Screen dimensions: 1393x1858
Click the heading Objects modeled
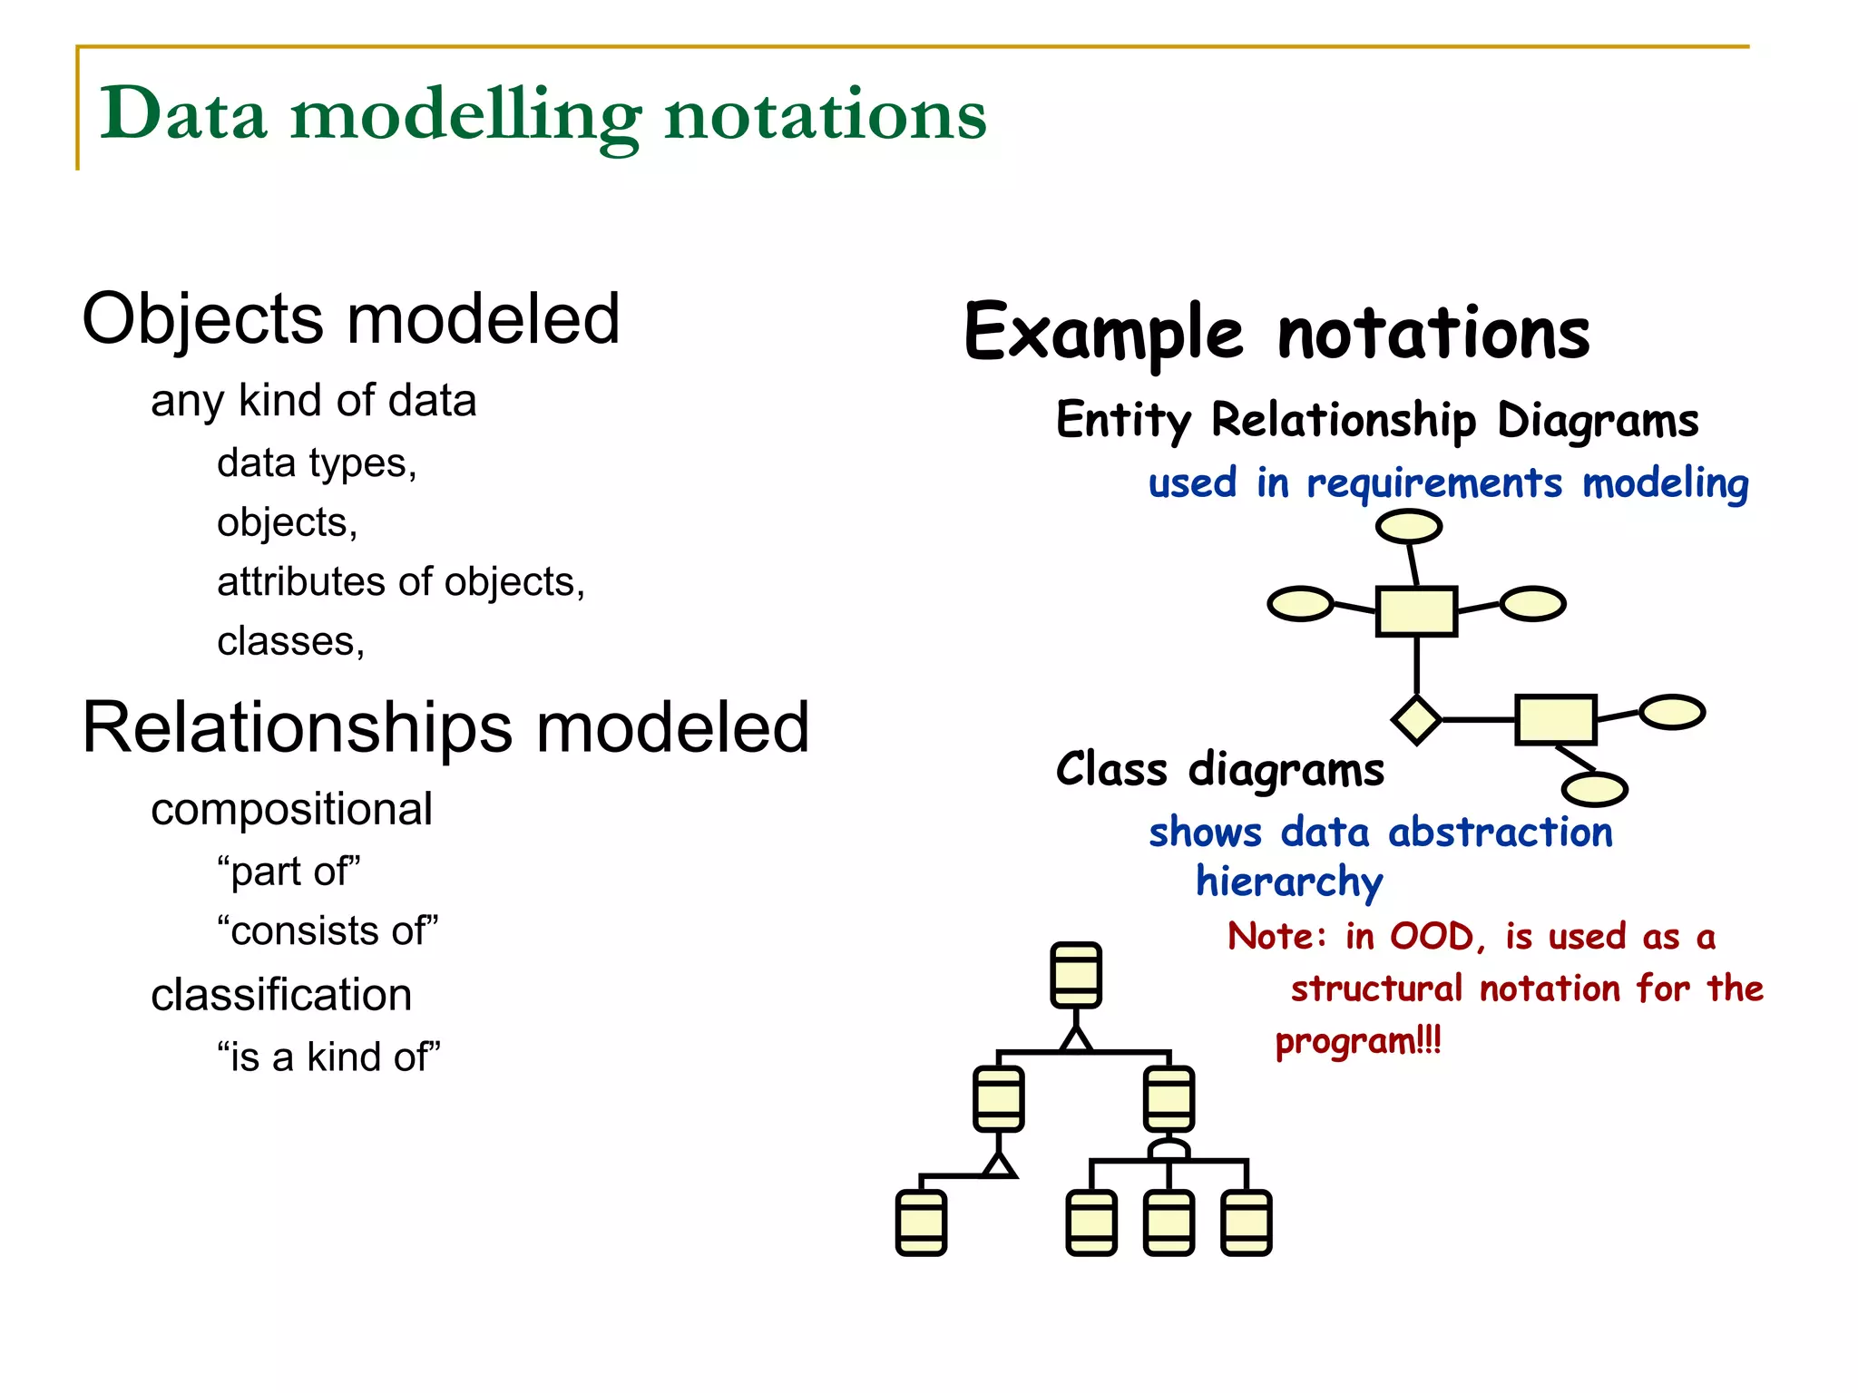click(x=350, y=319)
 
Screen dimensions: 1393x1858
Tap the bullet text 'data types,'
click(x=317, y=463)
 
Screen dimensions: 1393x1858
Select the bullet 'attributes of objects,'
click(x=401, y=582)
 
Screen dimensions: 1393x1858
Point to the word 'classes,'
click(x=290, y=642)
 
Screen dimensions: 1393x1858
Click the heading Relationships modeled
click(x=445, y=728)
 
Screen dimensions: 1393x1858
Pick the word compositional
click(x=291, y=809)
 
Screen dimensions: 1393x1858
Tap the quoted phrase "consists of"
click(x=328, y=931)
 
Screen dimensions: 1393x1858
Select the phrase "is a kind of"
click(x=328, y=1057)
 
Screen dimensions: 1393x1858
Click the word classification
click(x=281, y=995)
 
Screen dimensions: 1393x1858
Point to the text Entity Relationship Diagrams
click(x=1376, y=421)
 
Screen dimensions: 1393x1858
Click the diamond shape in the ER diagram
click(x=1416, y=720)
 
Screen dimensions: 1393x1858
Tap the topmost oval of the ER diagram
click(x=1408, y=526)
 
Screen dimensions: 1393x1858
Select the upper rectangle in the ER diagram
click(x=1416, y=611)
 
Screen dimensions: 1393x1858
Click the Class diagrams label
click(x=1219, y=770)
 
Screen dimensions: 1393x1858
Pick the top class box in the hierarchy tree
click(x=1076, y=975)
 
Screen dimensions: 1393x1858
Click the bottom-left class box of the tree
click(x=921, y=1223)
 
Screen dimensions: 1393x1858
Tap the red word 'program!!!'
click(x=1357, y=1041)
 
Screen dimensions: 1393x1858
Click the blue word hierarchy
click(x=1288, y=882)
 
